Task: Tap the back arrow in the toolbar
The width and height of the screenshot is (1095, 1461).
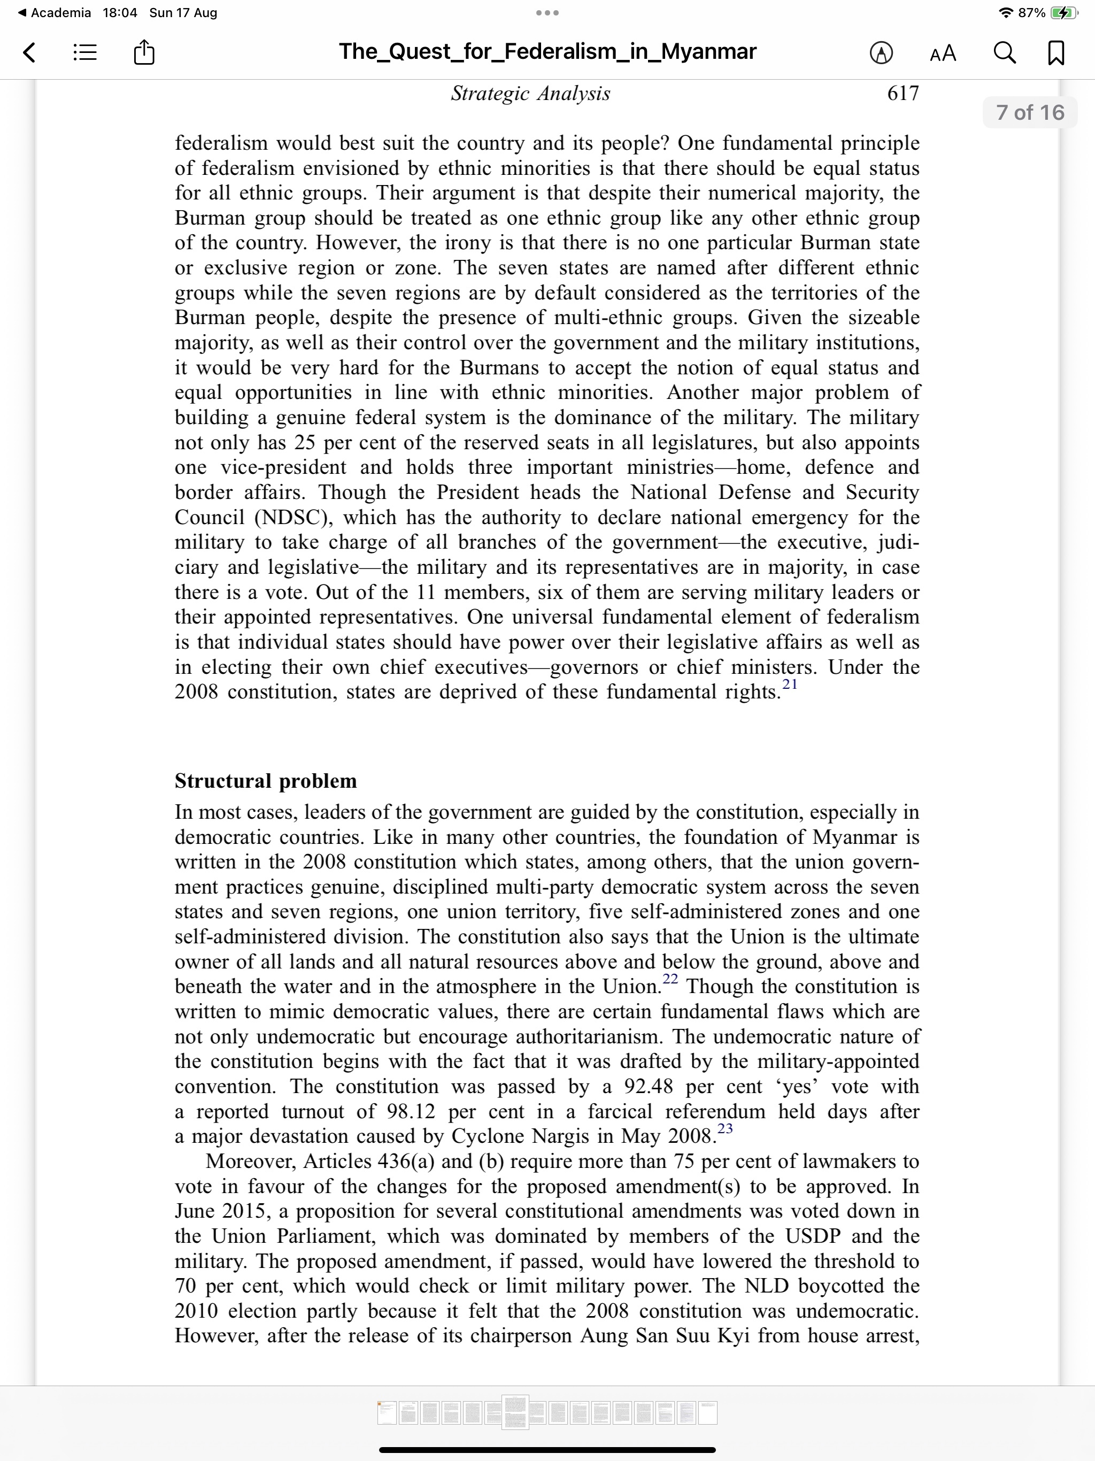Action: (29, 52)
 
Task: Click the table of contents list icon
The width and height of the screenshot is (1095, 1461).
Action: (85, 52)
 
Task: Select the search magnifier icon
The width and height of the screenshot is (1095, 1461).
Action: (1005, 52)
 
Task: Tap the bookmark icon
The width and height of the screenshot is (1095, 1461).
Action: (1056, 53)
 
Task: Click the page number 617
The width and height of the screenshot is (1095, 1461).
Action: (903, 93)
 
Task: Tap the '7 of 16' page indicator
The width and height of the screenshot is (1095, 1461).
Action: (1030, 112)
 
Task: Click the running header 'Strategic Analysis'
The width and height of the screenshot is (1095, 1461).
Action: (530, 93)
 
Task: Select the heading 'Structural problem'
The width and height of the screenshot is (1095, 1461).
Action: (266, 781)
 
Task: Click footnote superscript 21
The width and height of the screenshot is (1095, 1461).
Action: (790, 685)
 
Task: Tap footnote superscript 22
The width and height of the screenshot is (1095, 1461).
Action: (670, 979)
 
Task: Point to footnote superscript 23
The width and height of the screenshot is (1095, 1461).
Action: (725, 1128)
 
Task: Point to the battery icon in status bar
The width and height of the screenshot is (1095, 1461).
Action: (1064, 12)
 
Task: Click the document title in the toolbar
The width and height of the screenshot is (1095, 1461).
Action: (547, 51)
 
